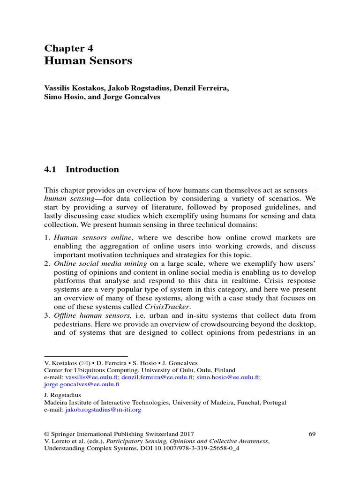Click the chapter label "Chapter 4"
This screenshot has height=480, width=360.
point(68,48)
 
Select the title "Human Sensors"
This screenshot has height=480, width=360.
point(88,61)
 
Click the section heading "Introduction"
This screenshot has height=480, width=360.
point(92,170)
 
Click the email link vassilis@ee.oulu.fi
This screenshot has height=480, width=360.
point(92,377)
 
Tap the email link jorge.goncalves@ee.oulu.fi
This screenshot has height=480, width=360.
point(82,384)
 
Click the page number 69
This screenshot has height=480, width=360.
point(312,434)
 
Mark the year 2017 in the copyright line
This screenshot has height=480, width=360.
point(186,434)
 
